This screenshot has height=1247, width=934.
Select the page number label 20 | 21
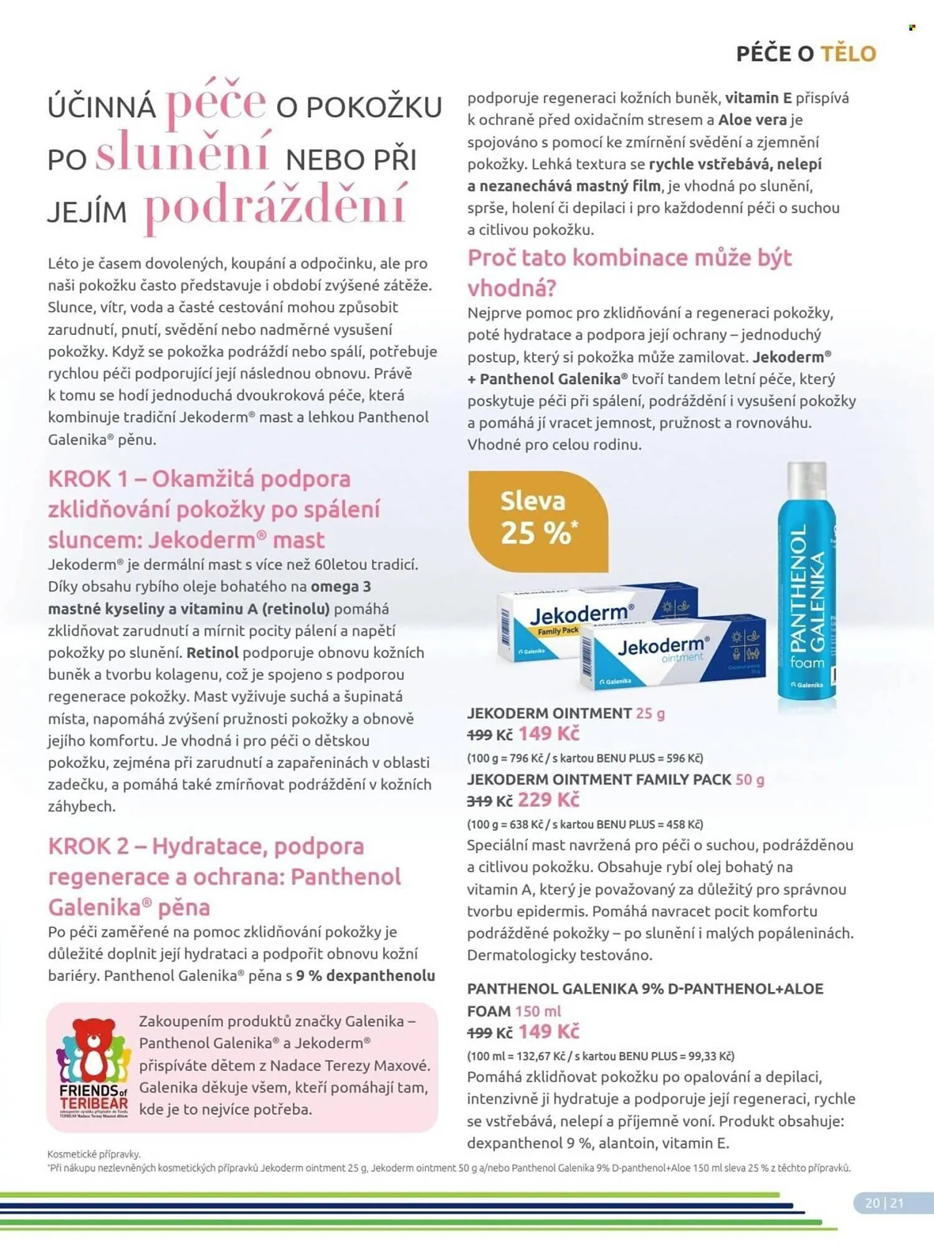pos(884,1203)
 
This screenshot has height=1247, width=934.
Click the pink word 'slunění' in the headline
pos(183,152)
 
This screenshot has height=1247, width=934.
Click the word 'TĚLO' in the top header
pos(849,54)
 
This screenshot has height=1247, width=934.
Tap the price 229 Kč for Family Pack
pos(548,800)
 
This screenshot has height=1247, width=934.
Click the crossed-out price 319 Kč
pos(489,801)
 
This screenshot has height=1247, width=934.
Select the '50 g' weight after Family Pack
pos(750,779)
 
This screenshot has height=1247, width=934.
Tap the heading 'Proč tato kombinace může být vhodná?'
pos(629,272)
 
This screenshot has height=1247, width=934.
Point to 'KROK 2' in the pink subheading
pos(88,846)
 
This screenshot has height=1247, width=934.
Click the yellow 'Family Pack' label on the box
pos(558,631)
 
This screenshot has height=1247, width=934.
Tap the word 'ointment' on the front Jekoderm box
pos(682,658)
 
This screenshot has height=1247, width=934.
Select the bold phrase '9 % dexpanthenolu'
pos(365,976)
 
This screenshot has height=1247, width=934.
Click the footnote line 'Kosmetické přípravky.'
pos(93,1154)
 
